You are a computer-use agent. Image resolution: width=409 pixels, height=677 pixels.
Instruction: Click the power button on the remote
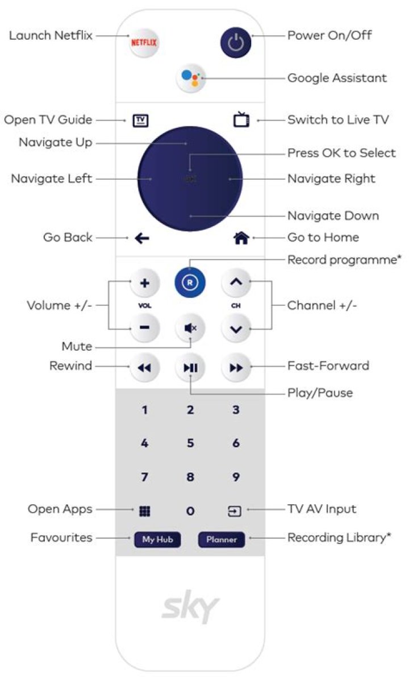click(x=235, y=42)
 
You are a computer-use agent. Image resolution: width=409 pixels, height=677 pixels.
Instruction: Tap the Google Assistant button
click(x=190, y=78)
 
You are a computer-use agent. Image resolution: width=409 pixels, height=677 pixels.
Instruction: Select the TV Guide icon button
click(x=140, y=120)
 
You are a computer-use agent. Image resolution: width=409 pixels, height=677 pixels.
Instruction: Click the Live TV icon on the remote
click(x=241, y=120)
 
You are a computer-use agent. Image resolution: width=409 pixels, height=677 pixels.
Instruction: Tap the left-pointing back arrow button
click(x=142, y=238)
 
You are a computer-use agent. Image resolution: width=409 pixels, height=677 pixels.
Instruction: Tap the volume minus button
click(x=145, y=328)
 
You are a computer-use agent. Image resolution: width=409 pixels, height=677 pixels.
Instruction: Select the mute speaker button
click(x=190, y=328)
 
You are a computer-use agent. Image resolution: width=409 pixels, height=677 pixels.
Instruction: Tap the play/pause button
click(x=190, y=368)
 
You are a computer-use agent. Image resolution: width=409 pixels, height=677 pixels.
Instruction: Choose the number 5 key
click(x=190, y=443)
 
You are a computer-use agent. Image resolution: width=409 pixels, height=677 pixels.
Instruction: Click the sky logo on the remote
click(x=190, y=609)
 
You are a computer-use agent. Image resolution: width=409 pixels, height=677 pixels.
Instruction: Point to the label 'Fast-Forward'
click(x=328, y=366)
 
